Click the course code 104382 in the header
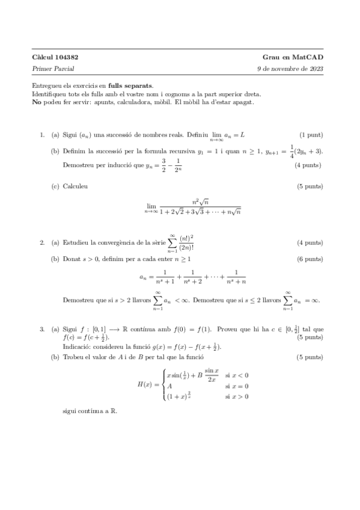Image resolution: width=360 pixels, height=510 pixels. coord(67,57)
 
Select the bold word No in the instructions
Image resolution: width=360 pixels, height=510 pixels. coord(37,102)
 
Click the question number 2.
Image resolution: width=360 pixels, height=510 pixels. coord(42,243)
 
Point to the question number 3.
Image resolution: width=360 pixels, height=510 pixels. coord(42,329)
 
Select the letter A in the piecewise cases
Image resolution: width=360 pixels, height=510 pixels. coord(169,386)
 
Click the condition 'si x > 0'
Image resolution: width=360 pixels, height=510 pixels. coord(236,396)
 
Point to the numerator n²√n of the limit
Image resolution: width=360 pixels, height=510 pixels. coord(200,201)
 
